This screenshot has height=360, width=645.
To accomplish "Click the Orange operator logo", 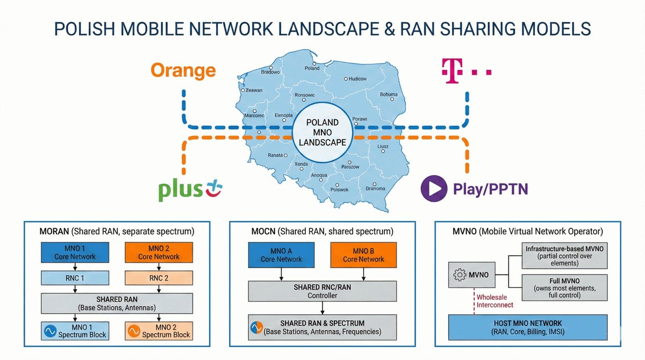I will tap(183, 70).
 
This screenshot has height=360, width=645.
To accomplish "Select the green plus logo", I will tap(191, 191).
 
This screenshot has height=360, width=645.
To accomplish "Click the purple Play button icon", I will tap(433, 189).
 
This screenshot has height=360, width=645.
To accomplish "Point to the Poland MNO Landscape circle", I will tap(322, 132).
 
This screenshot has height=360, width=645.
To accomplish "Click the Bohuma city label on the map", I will tap(388, 95).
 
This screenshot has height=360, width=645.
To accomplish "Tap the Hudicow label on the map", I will tap(357, 78).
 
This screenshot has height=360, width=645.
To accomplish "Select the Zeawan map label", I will tap(253, 90).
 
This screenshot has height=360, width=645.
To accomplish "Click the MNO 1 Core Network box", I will tap(75, 253).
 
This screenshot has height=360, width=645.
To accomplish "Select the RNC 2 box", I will tap(159, 278).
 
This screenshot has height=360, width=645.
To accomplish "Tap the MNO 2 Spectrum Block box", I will tap(159, 330).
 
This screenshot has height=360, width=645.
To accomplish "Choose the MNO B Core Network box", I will tap(364, 255).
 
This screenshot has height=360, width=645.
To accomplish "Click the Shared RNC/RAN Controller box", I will tap(322, 291).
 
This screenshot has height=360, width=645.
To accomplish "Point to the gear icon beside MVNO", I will tap(460, 275).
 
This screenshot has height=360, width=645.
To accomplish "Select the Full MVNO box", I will tap(564, 288).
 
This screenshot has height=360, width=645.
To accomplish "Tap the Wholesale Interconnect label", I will tap(494, 301).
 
